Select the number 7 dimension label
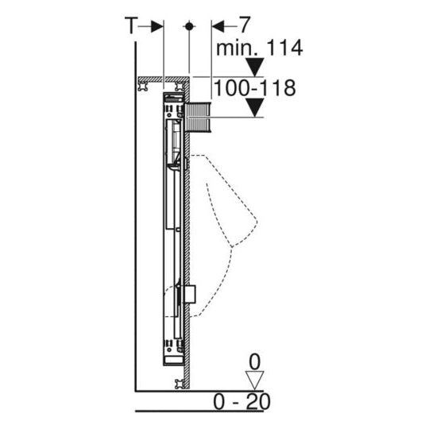click(234, 25)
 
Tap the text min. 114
click(260, 48)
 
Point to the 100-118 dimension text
click(256, 87)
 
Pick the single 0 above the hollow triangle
click(254, 361)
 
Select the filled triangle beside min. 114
click(254, 66)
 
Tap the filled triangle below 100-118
click(254, 107)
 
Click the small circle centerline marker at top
click(188, 25)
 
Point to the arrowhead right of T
click(157, 25)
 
